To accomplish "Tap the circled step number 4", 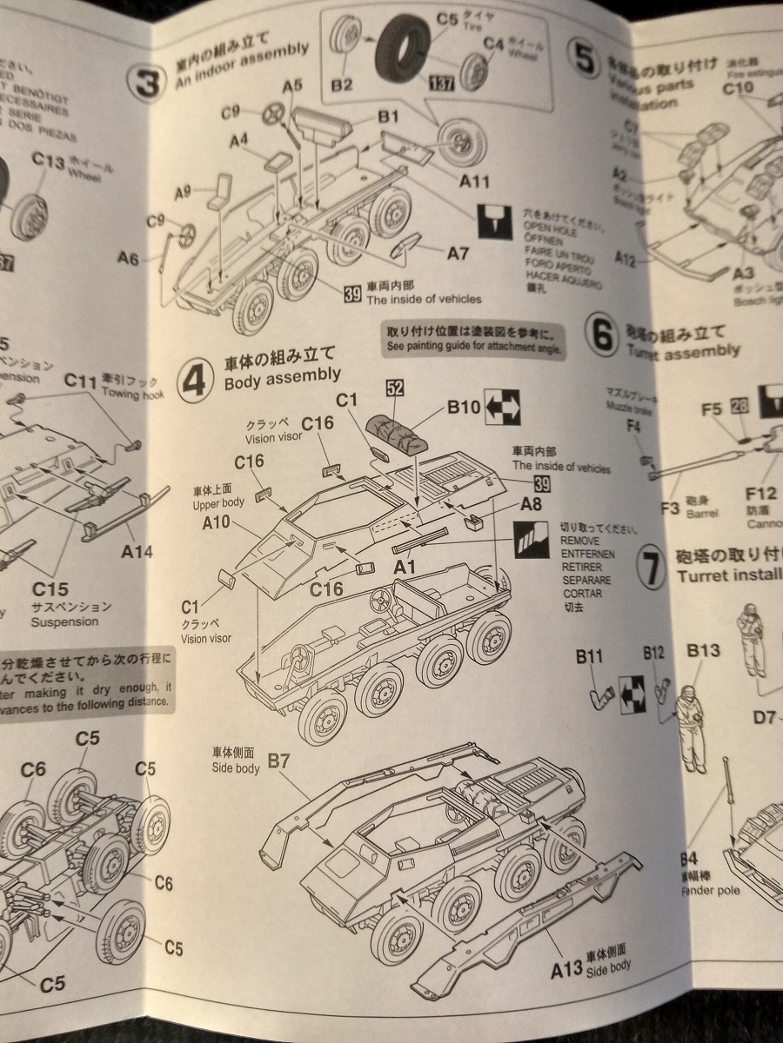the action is [198, 381].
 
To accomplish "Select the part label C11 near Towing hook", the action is [80, 380].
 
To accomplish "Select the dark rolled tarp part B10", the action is [396, 430].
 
